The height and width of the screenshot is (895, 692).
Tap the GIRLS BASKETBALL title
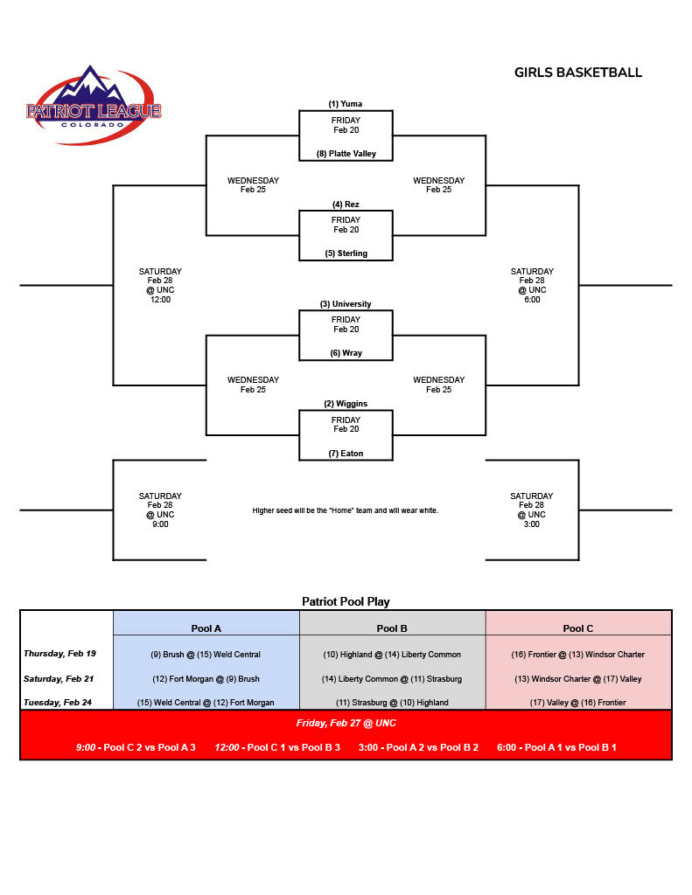(x=578, y=73)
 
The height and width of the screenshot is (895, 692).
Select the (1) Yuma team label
(x=346, y=104)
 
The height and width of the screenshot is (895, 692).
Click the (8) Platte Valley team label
(x=346, y=154)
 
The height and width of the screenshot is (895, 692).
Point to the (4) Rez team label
(x=346, y=205)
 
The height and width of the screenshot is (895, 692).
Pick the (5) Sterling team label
(x=346, y=253)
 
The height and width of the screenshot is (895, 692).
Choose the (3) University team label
(x=346, y=304)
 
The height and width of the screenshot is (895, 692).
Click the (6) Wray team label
(x=346, y=353)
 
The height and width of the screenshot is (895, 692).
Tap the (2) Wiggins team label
(x=346, y=404)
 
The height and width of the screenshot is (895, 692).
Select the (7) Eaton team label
(x=346, y=454)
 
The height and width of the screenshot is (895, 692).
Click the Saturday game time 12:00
(x=160, y=299)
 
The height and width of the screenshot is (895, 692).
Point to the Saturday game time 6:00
(x=532, y=299)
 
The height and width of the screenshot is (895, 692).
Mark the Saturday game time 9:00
(x=160, y=524)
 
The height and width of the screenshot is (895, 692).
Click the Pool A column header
(x=206, y=628)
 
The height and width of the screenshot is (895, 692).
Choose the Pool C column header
(x=578, y=628)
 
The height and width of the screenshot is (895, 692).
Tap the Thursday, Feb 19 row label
(x=59, y=654)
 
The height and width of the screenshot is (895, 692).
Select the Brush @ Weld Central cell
(x=206, y=655)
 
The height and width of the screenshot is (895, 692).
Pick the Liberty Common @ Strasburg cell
(x=392, y=678)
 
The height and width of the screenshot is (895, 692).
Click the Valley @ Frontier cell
(x=578, y=703)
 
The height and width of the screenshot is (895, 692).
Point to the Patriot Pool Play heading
(x=346, y=601)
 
